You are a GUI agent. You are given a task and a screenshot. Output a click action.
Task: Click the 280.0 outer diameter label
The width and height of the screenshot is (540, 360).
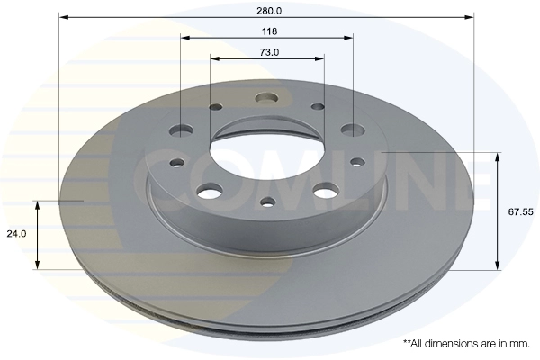(269, 11)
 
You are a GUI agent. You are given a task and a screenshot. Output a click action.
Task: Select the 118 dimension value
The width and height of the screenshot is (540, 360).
(269, 31)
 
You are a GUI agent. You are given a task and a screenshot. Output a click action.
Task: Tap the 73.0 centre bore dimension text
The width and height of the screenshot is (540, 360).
(269, 52)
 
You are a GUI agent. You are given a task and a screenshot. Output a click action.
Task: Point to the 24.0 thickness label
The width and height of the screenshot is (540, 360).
(16, 234)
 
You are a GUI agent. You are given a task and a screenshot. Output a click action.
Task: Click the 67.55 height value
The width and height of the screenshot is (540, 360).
(521, 211)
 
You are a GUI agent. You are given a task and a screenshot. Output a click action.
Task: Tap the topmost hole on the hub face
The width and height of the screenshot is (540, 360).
(266, 97)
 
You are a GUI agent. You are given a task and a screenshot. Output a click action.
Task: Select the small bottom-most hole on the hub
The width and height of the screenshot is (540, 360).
(268, 202)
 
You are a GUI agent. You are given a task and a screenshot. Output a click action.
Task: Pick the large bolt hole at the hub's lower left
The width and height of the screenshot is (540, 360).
(210, 191)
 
